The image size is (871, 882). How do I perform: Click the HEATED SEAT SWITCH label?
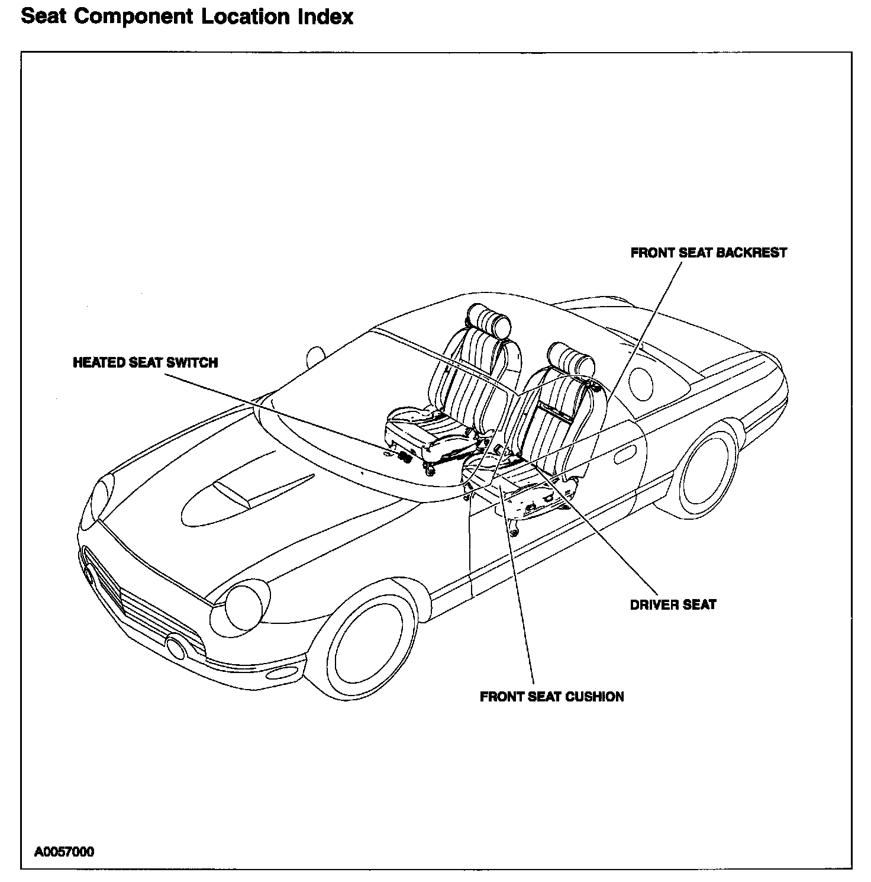coord(145,362)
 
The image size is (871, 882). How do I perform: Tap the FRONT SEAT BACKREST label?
coord(708,253)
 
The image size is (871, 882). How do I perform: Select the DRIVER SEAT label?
coord(673,605)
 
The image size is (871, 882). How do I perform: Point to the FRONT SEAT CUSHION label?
coord(551,697)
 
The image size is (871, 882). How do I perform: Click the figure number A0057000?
coord(64,852)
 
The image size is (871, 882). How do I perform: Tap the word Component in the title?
coord(134,17)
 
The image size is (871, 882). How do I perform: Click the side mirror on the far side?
coord(316,356)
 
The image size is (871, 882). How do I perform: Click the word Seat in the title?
coord(43,17)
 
